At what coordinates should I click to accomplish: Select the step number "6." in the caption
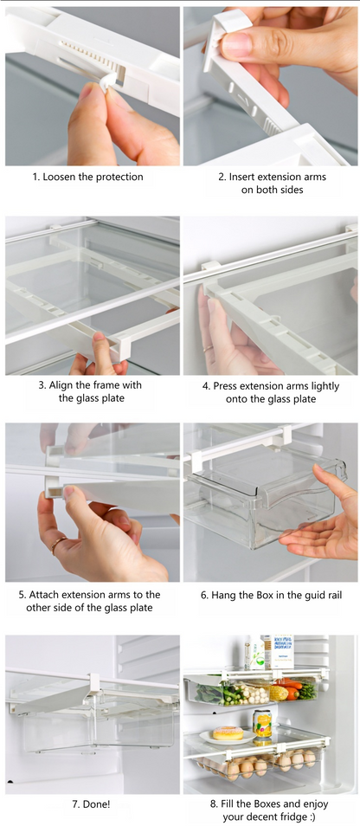pos(205,596)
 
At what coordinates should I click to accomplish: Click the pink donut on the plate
pos(228,732)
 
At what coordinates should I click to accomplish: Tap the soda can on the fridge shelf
pos(262,723)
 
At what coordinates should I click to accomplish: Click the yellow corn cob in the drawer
pos(278,693)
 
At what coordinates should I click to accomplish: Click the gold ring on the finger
pos(58,544)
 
